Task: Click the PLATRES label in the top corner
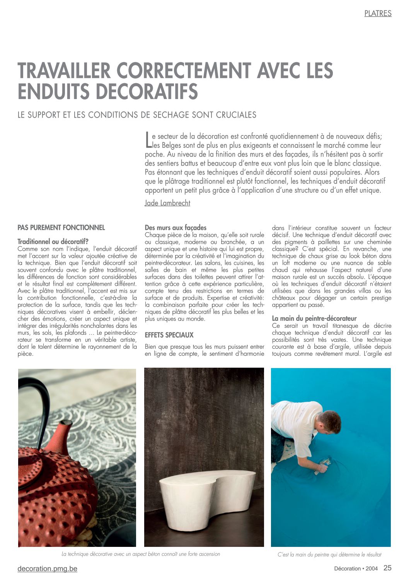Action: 378,14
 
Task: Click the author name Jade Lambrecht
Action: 167,203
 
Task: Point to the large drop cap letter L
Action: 147,140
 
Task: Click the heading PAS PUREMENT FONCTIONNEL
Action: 61,228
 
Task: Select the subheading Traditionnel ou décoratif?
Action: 53,242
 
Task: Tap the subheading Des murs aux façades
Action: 176,228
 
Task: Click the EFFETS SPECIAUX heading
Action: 169,335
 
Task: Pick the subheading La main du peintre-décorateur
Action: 314,319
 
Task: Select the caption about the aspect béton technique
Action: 141,554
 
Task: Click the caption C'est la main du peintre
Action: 329,554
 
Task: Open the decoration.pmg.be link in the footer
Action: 47,569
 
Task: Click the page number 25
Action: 387,568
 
